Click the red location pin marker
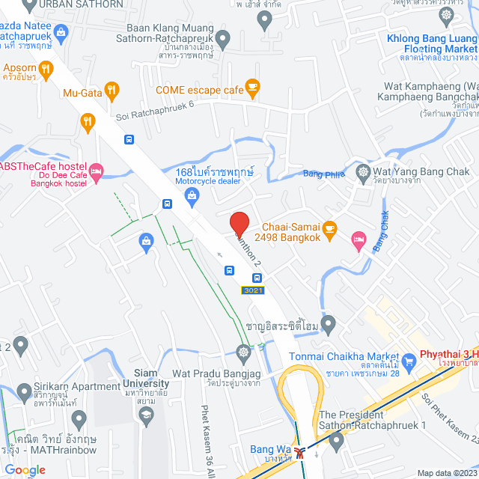coord(239,224)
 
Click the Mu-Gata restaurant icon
coord(112,91)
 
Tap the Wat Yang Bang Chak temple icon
coord(363,171)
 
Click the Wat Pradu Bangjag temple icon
coord(243,352)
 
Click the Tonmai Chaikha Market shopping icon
coord(409,362)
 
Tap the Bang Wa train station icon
coord(300,451)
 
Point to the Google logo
coord(24,470)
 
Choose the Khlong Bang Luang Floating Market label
coord(433,43)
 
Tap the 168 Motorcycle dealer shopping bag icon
coord(192,195)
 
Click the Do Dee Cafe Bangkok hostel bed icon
coord(95,171)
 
